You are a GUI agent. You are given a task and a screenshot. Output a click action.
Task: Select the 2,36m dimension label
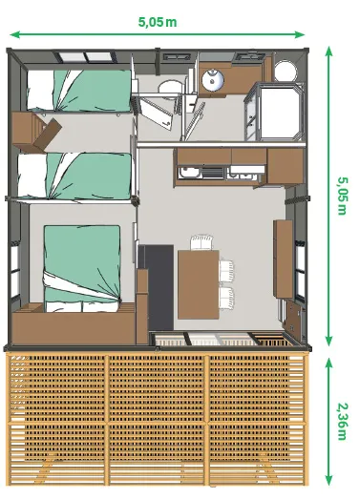tap(341, 421)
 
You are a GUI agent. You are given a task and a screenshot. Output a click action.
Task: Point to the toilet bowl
tap(171, 89)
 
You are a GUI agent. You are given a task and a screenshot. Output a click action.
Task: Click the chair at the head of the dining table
tap(201, 241)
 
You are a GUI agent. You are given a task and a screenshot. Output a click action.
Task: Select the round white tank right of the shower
tap(285, 70)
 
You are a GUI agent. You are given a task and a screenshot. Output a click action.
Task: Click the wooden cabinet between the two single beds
tap(35, 129)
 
